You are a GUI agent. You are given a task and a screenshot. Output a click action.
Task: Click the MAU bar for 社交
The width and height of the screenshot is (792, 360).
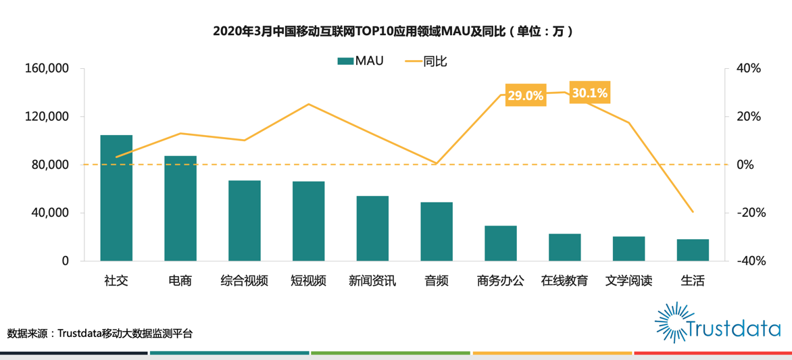(116, 198)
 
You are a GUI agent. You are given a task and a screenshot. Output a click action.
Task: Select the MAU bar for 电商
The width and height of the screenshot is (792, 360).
(180, 208)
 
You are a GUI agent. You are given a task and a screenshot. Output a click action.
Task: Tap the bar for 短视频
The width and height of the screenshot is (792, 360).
(308, 221)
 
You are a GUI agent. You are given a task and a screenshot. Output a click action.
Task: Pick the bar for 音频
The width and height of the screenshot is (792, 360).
(437, 231)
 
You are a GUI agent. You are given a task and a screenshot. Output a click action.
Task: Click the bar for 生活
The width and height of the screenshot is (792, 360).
(693, 250)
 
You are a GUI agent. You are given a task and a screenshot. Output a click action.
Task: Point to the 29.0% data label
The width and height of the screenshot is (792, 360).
(525, 95)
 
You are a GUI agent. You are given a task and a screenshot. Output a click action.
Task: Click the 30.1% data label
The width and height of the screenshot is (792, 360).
(589, 93)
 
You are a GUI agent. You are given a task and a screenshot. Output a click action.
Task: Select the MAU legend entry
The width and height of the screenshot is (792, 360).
(361, 61)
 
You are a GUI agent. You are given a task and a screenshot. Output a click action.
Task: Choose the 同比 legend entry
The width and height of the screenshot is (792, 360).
(426, 61)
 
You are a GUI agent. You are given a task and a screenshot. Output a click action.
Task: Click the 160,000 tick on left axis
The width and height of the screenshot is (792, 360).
(47, 69)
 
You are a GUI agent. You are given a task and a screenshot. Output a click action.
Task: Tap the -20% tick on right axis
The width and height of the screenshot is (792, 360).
(748, 213)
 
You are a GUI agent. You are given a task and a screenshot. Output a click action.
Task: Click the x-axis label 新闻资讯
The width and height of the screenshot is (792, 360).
(372, 280)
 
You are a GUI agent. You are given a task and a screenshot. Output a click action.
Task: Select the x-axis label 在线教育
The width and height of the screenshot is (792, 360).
(564, 280)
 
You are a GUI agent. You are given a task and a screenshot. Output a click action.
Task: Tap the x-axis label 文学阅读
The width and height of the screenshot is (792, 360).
(628, 280)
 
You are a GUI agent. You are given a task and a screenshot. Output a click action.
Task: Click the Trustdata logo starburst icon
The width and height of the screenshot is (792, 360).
(670, 322)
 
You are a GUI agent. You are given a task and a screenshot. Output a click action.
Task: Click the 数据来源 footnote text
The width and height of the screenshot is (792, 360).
(100, 334)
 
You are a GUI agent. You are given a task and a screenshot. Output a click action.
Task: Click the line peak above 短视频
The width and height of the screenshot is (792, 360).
(308, 104)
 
